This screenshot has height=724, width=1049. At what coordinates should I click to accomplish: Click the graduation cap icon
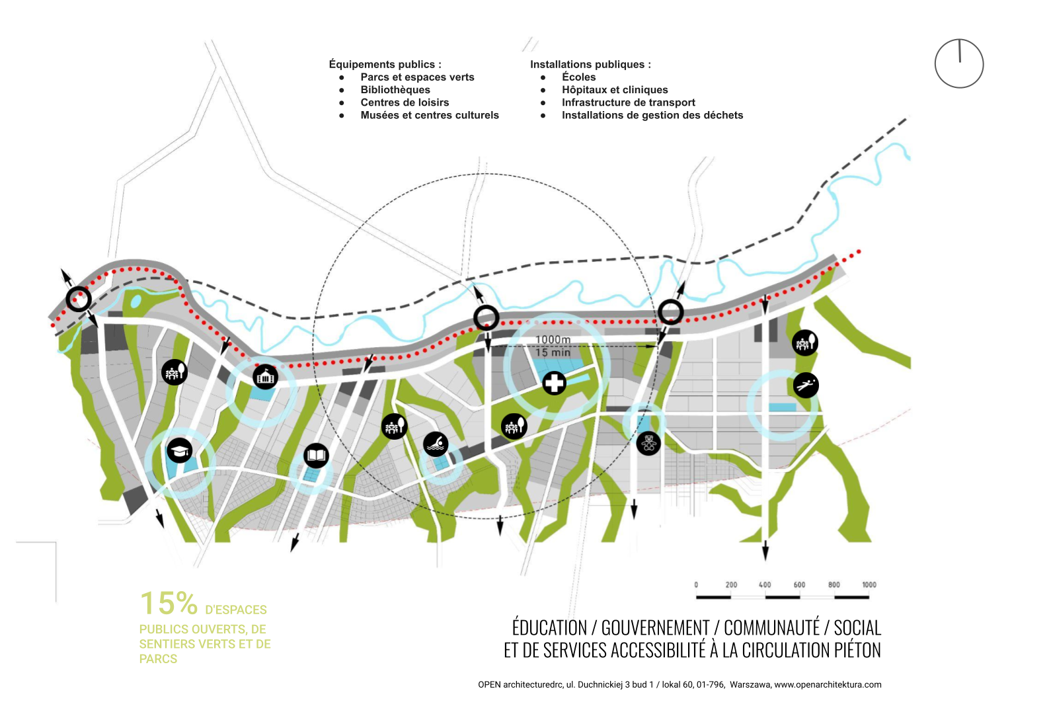point(179,450)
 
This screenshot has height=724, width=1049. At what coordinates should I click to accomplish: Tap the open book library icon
point(316,456)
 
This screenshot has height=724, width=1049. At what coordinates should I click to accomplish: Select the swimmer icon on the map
point(436,444)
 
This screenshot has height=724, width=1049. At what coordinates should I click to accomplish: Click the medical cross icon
point(554,383)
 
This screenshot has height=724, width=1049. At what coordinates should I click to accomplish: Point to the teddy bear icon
point(648,442)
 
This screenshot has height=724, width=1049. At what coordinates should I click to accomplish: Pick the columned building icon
point(265,377)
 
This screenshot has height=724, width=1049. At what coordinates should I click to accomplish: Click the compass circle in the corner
point(958,63)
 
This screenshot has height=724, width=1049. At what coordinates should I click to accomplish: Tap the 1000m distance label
point(553,340)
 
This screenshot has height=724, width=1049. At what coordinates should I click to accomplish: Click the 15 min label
point(553,352)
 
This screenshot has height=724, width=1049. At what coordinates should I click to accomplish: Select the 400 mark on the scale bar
point(765,584)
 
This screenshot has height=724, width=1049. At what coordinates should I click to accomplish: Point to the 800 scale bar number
point(834,584)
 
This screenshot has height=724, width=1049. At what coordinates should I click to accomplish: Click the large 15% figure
point(169,604)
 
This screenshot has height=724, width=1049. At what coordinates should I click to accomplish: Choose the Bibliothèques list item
point(395,90)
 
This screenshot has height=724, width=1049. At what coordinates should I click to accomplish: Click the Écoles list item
point(578,77)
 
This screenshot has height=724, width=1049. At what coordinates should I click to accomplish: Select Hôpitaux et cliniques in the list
point(615,90)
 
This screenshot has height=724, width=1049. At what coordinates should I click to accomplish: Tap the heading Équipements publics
point(385,64)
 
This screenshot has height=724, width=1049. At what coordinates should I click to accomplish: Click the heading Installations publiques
point(590,64)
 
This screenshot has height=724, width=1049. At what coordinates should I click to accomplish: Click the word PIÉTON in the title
point(857,651)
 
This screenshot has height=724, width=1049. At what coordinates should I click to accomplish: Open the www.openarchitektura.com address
point(828,685)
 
